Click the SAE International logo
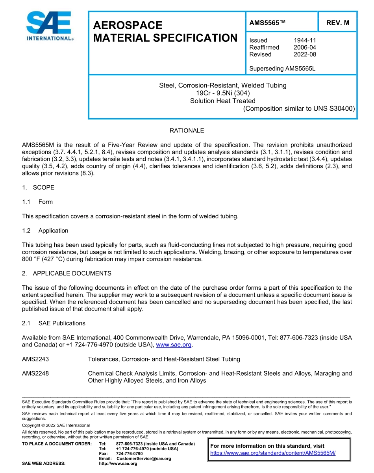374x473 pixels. [x=49, y=26]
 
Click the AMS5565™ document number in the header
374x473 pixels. [x=267, y=23]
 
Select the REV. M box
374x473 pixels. [x=337, y=23]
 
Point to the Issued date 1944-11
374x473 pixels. [x=305, y=40]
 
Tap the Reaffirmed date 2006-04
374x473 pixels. [x=305, y=47]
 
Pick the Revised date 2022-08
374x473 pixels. [x=305, y=54]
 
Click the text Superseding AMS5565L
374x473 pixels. [x=282, y=69]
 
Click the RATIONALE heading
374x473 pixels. [x=187, y=130]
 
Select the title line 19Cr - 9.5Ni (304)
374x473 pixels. [x=222, y=93]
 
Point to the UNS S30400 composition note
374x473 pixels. [x=299, y=108]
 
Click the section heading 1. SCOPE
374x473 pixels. [x=38, y=187]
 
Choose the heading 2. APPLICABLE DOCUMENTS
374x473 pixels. [x=67, y=273]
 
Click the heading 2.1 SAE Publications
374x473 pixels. [x=54, y=323]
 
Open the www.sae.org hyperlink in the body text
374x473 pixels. [x=174, y=345]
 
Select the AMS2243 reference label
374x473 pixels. [x=35, y=359]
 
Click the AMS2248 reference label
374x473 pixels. [x=35, y=373]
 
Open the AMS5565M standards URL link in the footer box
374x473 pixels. [x=273, y=453]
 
